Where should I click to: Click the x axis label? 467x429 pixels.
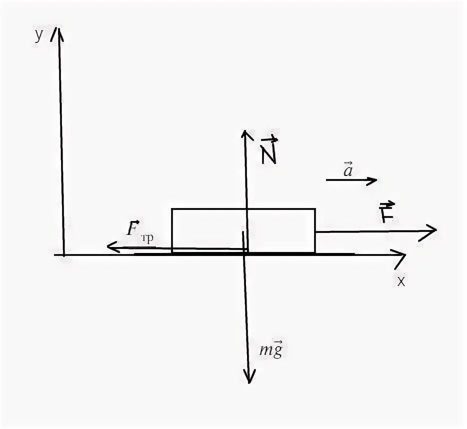[x=401, y=281]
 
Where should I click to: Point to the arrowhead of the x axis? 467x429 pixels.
[x=403, y=254]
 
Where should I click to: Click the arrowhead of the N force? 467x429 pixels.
[x=244, y=132]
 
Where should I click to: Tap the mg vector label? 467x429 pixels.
[x=271, y=349]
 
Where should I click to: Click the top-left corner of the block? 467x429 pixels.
[x=172, y=209]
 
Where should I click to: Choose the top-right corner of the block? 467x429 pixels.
[x=315, y=209]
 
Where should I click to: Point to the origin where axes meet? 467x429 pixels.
[x=63, y=254]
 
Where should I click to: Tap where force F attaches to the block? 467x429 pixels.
[x=315, y=231]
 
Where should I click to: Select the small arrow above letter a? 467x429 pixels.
[x=347, y=162]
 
